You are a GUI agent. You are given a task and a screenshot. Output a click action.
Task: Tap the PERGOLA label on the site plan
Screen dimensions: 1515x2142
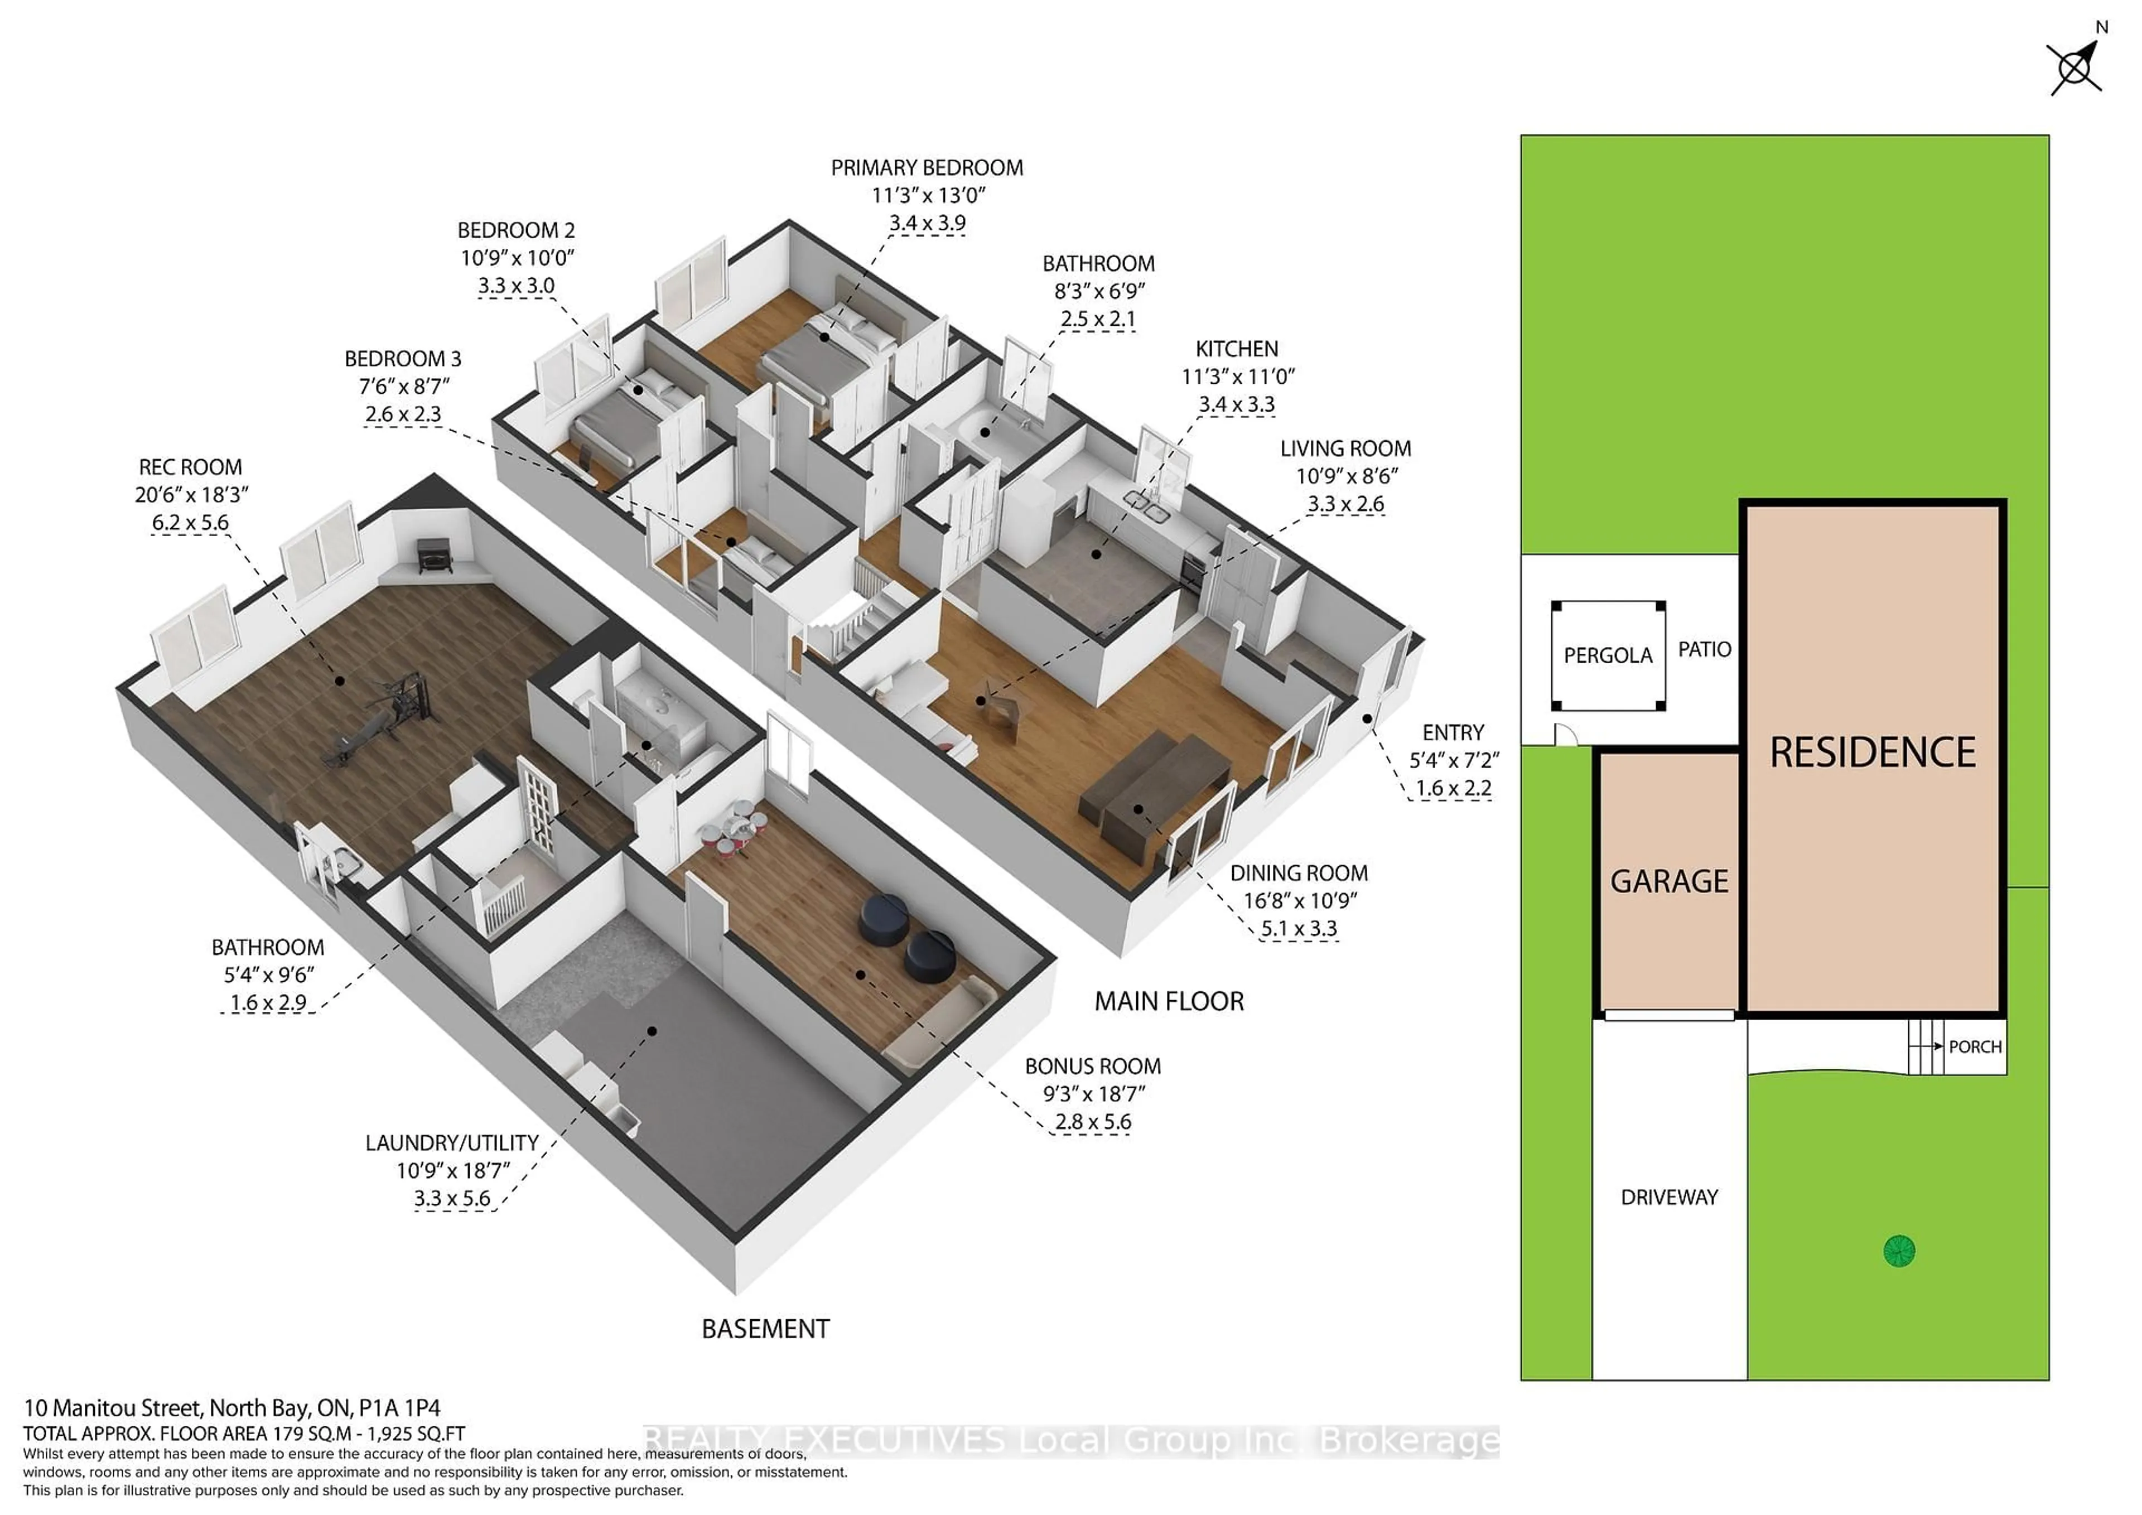point(1608,656)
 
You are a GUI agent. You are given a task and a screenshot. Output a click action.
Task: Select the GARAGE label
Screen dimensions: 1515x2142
point(1669,881)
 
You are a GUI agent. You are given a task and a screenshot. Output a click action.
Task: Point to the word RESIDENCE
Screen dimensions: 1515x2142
point(1873,753)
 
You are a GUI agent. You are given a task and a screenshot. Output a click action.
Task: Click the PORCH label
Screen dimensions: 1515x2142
point(1975,1046)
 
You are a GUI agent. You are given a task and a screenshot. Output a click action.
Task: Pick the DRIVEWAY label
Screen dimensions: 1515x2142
point(1669,1197)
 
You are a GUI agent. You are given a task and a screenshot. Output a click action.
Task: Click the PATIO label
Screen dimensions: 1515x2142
point(1705,649)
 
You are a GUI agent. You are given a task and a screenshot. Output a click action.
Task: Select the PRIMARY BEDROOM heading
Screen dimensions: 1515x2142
point(927,168)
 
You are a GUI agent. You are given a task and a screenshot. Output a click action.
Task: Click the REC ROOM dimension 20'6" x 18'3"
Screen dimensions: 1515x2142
point(191,494)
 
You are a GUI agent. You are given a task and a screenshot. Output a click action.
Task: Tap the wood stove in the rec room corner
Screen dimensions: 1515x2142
point(434,556)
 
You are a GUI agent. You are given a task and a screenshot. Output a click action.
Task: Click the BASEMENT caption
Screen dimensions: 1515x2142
point(765,1329)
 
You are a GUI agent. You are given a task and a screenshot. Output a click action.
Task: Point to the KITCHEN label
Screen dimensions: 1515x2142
point(1236,349)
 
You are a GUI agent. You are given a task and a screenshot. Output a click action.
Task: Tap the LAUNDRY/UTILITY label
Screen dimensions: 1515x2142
point(451,1143)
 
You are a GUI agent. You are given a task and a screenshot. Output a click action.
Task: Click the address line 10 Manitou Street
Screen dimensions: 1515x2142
point(231,1408)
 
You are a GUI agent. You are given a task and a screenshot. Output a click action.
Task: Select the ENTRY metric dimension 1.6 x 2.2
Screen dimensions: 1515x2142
point(1453,788)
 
